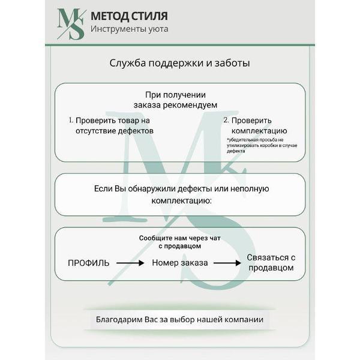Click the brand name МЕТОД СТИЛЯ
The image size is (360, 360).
point(129,16)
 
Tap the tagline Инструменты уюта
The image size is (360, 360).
point(129,29)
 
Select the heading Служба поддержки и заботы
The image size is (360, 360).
point(180,63)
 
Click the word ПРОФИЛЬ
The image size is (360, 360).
point(88,263)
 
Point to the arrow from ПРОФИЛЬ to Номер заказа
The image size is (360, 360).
point(130,263)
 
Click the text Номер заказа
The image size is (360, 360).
point(180,263)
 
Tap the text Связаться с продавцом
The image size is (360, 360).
point(271,262)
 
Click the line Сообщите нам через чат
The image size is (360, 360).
point(180,238)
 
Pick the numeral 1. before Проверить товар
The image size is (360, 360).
point(70,120)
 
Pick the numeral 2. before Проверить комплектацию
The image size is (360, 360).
point(226,120)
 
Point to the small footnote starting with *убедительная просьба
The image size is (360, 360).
point(263,145)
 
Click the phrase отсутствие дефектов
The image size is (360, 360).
point(114,130)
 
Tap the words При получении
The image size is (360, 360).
point(176,94)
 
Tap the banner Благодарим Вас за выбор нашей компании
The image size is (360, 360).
point(180,319)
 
